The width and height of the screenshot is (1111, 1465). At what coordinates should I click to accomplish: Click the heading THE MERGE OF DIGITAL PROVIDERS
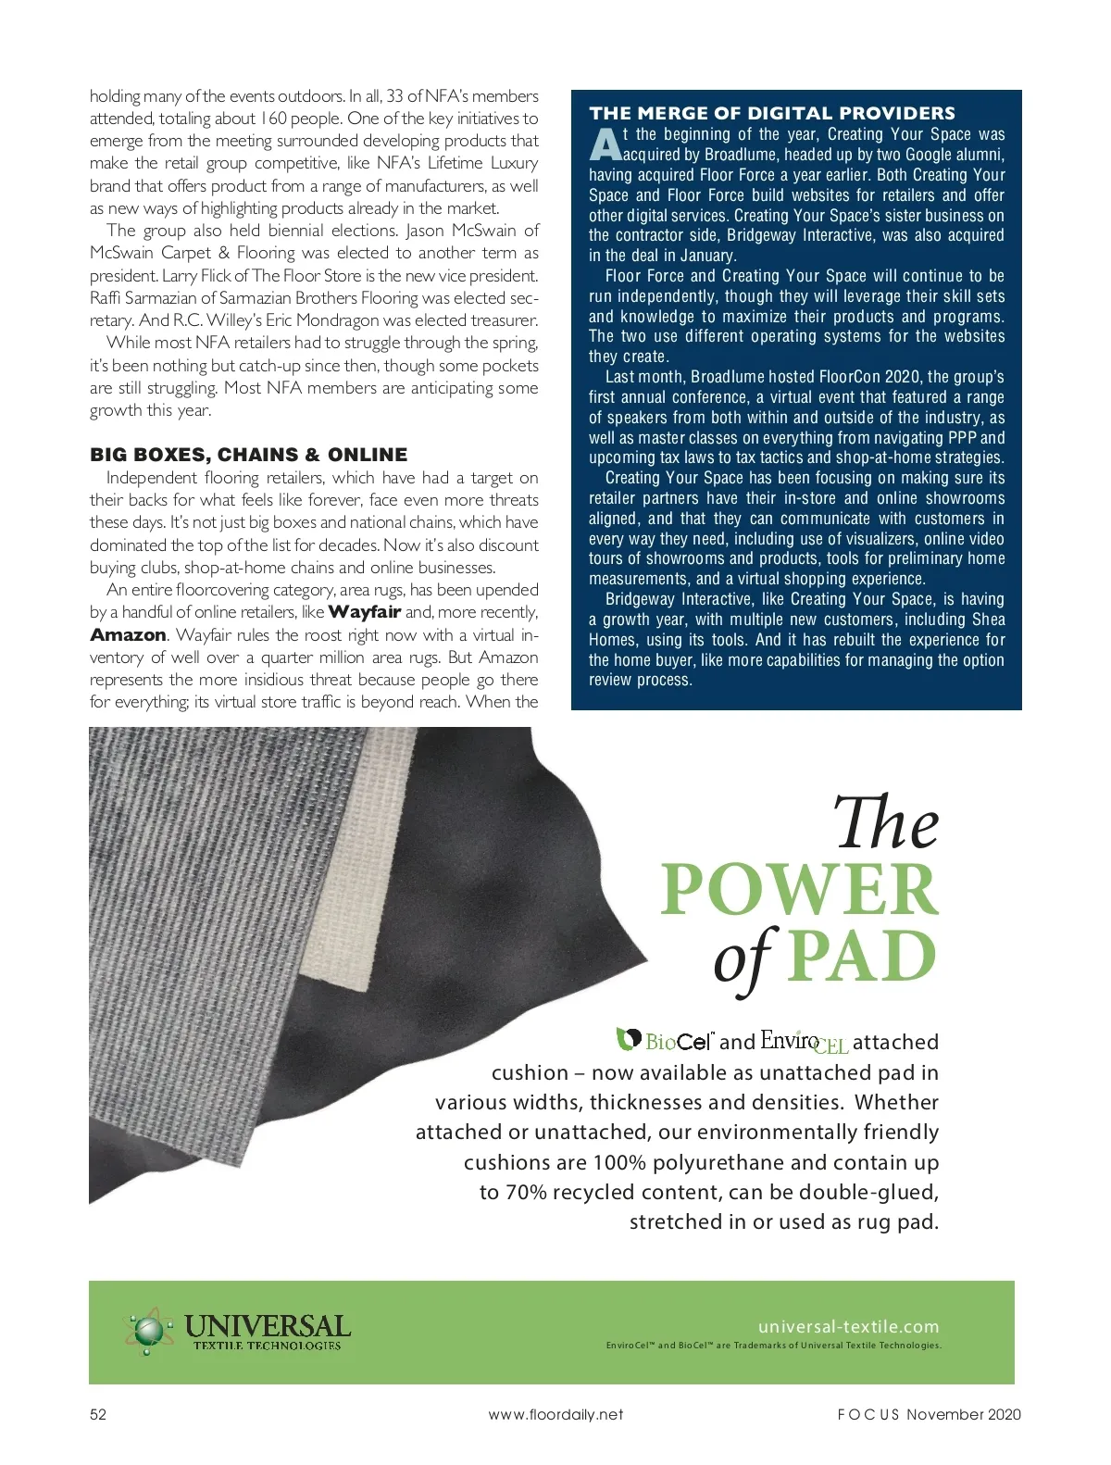tap(772, 114)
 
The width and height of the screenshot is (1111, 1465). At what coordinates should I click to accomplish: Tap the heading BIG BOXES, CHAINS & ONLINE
tap(248, 455)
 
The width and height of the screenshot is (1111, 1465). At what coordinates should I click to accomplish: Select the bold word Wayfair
tap(364, 612)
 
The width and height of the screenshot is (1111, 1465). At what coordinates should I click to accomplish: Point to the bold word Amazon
tap(128, 635)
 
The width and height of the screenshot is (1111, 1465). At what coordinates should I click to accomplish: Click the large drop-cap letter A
tap(604, 145)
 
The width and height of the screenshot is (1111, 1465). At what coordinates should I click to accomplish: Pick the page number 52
tap(98, 1414)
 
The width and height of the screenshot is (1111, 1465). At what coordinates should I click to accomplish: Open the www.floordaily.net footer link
tap(555, 1414)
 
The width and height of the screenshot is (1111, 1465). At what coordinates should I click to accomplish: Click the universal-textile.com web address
tap(848, 1326)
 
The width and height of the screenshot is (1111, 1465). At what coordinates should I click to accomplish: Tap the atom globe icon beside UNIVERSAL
tap(146, 1332)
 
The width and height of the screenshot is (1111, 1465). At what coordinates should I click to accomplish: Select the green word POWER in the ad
tap(799, 889)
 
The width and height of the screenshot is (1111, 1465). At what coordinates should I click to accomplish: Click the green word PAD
tap(863, 957)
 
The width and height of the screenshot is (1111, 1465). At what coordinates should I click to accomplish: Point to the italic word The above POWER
tap(886, 823)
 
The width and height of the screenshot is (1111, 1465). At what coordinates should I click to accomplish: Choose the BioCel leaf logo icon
tap(630, 1039)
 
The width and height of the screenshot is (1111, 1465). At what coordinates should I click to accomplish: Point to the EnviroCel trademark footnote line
tap(773, 1346)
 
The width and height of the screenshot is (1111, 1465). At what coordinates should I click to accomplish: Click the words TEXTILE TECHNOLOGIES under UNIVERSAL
tap(267, 1346)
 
